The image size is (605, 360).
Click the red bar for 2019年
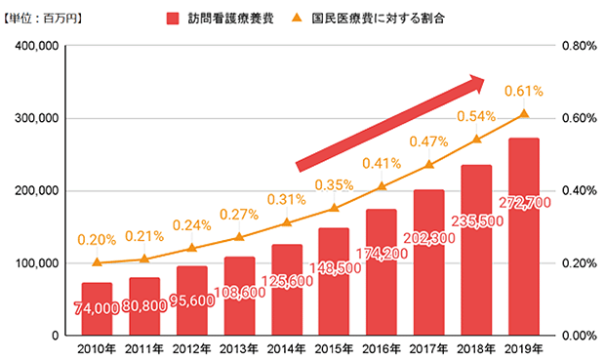click(524, 236)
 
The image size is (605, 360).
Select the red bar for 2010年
click(97, 309)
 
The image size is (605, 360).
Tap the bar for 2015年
click(334, 282)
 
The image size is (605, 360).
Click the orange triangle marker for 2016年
click(382, 186)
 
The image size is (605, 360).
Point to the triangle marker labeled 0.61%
click(524, 113)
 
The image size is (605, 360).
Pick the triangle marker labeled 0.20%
click(97, 262)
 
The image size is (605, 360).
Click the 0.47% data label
click(428, 142)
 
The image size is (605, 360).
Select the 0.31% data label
click(286, 199)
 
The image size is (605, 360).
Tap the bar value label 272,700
click(525, 203)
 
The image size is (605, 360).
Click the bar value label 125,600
click(287, 281)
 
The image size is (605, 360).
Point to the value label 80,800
click(144, 306)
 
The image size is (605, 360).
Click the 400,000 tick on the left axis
click(37, 46)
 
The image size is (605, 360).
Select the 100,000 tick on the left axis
click(37, 263)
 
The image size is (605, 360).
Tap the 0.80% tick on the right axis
click(580, 46)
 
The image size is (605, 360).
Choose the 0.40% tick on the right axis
click(580, 190)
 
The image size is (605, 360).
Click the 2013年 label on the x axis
click(239, 349)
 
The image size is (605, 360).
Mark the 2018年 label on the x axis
click(476, 349)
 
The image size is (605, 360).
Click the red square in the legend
click(173, 19)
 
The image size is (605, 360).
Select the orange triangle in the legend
click(297, 18)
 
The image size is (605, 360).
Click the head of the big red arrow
click(476, 83)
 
